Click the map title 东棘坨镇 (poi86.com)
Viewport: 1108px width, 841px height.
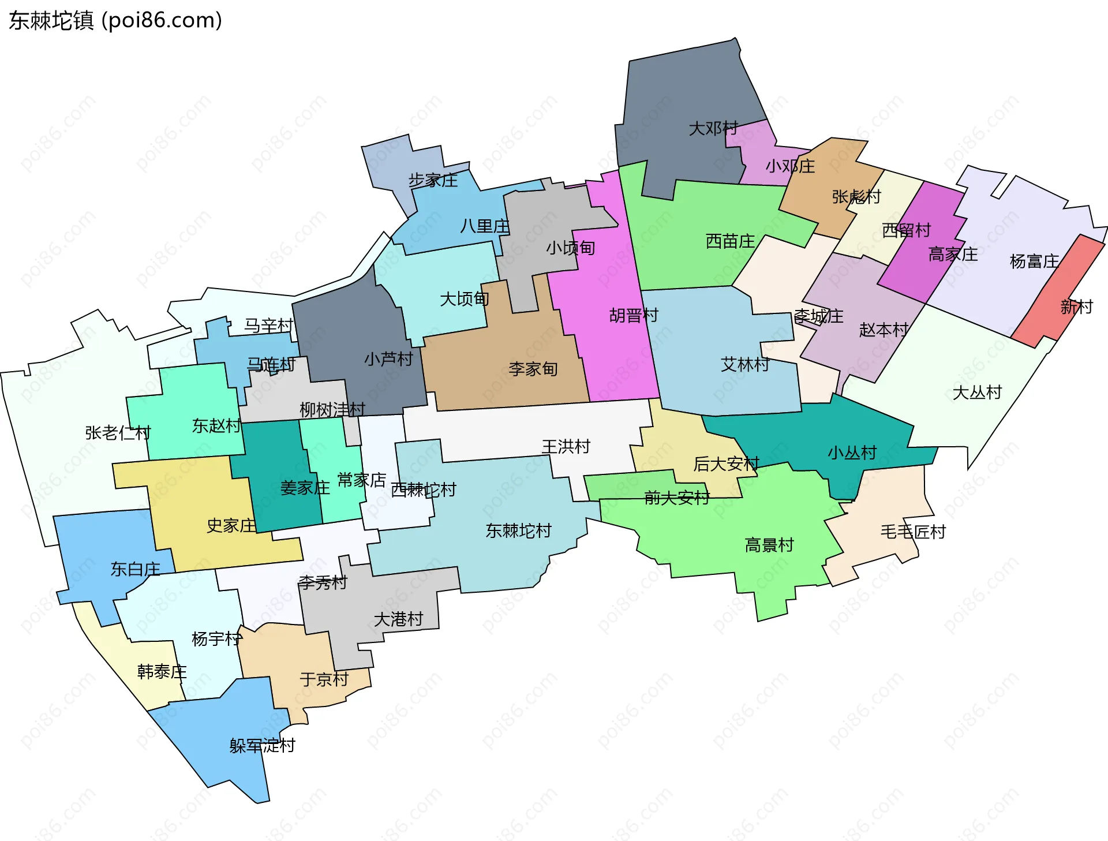[115, 21]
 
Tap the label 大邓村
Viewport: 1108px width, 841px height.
[713, 128]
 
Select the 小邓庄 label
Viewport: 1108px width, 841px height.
[790, 166]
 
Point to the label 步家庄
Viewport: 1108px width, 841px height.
[433, 181]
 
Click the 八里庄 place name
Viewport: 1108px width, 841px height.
[485, 226]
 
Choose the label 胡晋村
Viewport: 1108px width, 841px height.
[634, 315]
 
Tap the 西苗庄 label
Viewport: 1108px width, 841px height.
[730, 241]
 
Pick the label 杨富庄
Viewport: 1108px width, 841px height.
[1034, 261]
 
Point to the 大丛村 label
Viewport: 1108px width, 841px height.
[977, 393]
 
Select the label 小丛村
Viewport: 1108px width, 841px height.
[852, 453]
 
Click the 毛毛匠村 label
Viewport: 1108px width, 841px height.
[913, 532]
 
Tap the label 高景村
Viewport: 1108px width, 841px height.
[769, 545]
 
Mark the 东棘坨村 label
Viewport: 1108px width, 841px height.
[518, 530]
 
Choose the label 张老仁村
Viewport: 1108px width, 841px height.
[118, 432]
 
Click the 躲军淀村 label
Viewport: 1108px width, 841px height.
[262, 746]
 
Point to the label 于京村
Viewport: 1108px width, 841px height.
[324, 679]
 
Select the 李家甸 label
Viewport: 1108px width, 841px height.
[533, 369]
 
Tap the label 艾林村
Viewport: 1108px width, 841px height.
[745, 364]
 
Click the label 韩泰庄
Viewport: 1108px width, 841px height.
[162, 672]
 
